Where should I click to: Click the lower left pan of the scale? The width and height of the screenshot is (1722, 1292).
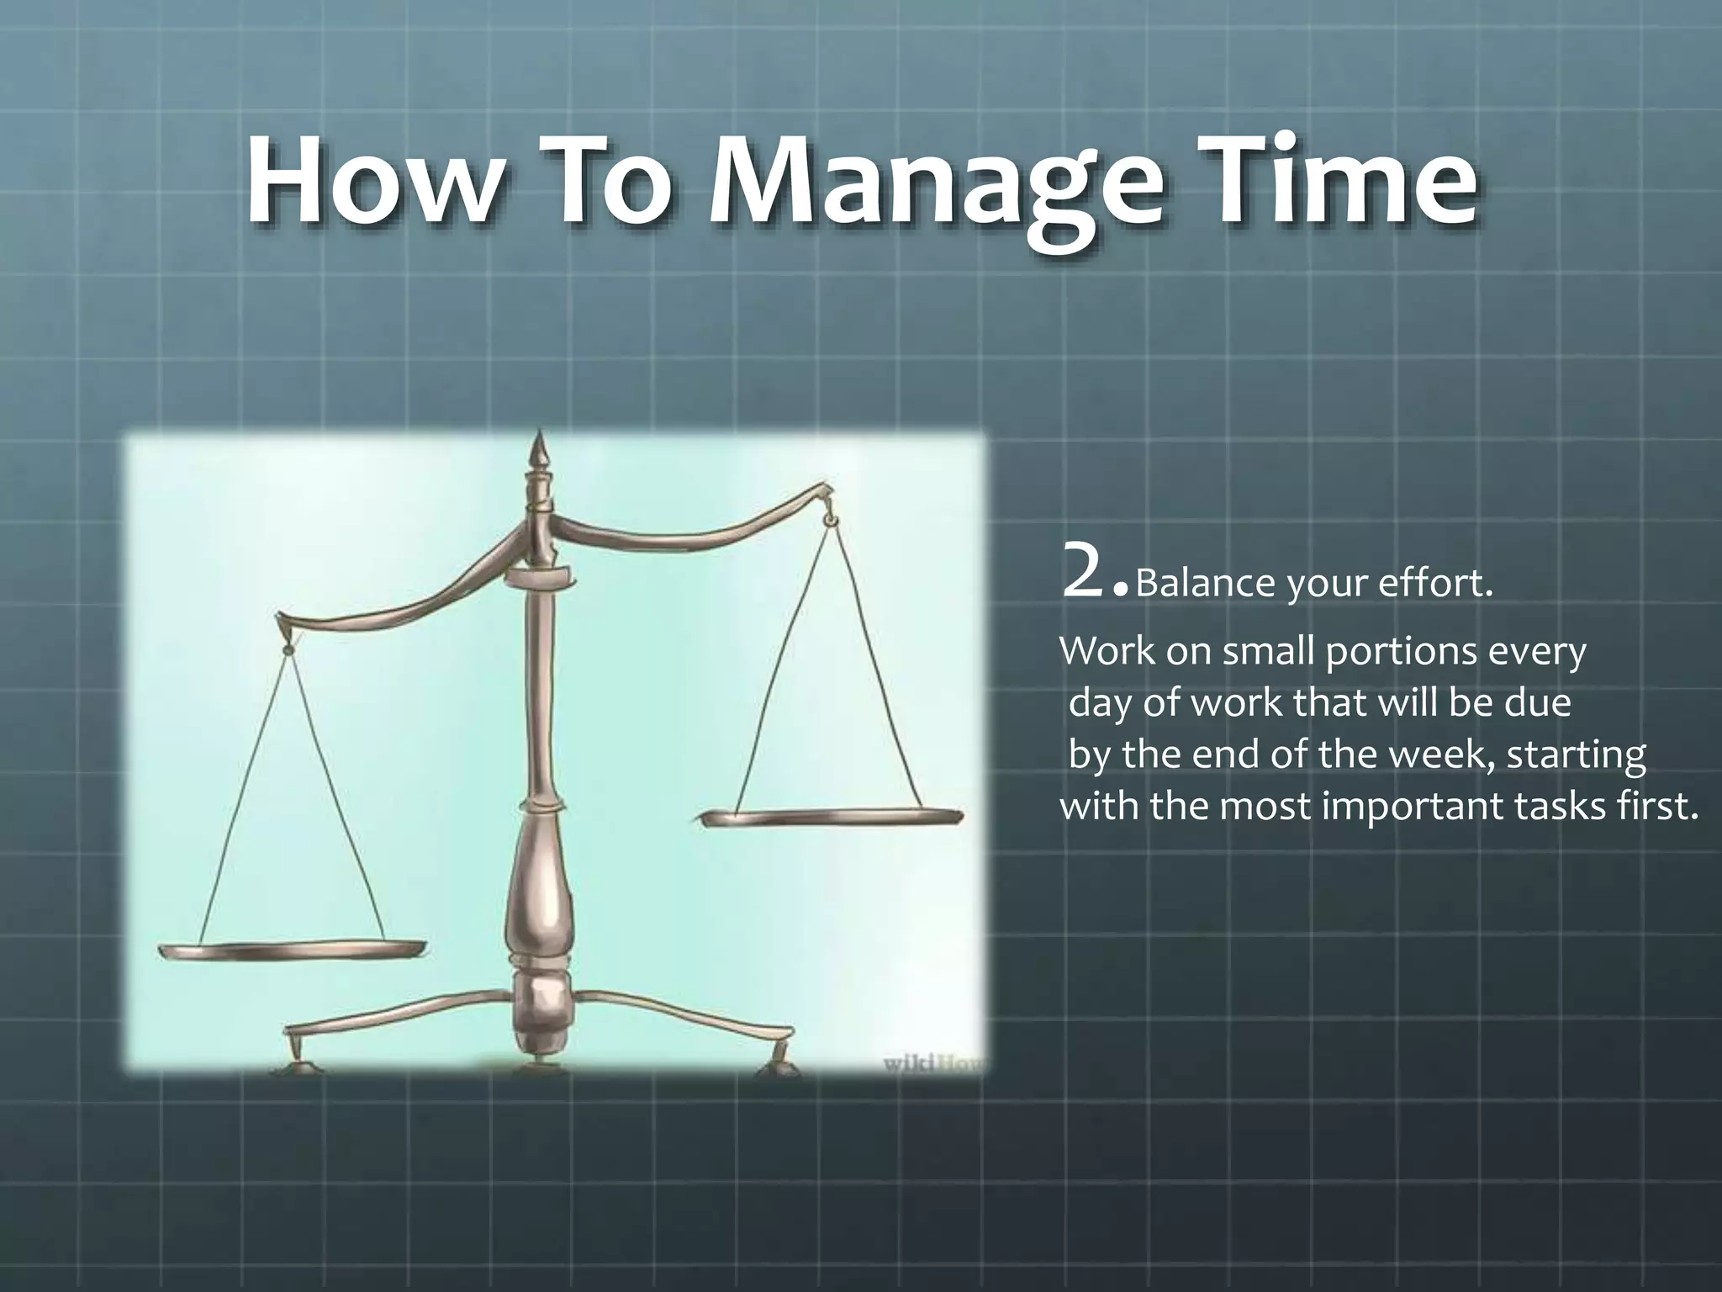tap(291, 949)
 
